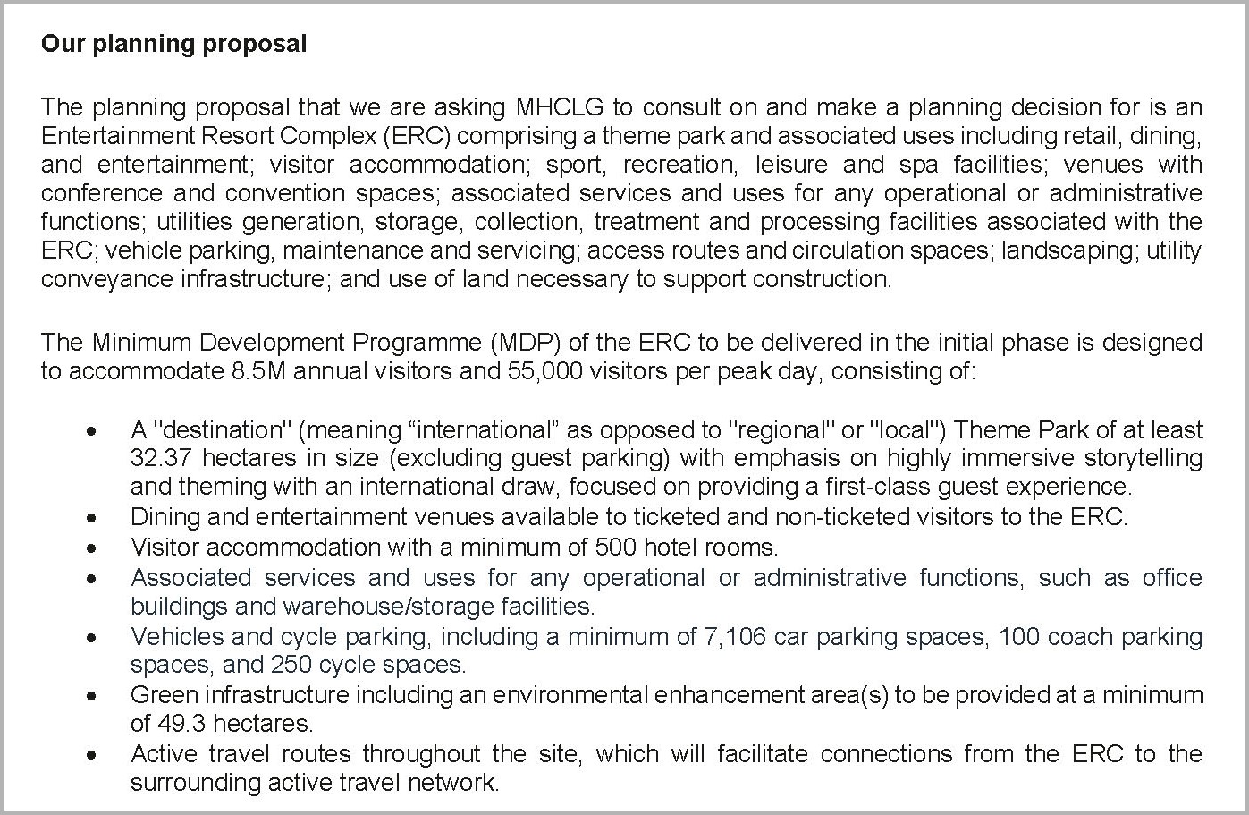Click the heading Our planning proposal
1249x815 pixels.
click(x=173, y=44)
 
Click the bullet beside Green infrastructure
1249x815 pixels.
click(x=91, y=695)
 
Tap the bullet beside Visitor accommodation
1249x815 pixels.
click(x=91, y=547)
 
